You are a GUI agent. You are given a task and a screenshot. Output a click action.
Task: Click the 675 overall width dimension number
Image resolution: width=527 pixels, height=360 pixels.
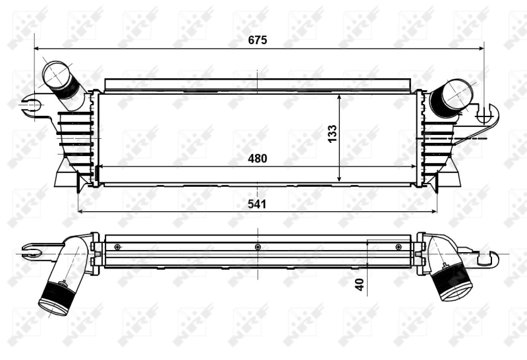tap(257, 40)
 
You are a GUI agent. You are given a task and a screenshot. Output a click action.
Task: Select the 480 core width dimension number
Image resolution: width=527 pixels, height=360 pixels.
tap(257, 159)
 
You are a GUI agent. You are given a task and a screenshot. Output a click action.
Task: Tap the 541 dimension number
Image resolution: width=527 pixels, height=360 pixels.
tap(257, 204)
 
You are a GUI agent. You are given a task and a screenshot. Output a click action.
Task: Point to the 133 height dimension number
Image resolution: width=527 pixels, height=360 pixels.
tap(333, 134)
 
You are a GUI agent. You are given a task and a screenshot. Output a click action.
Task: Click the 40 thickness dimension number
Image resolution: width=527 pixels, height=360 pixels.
tap(359, 284)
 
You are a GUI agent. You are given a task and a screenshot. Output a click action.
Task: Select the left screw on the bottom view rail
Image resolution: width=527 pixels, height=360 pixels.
tap(117, 247)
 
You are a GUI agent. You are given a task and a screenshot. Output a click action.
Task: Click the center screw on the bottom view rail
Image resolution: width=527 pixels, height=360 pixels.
tap(258, 247)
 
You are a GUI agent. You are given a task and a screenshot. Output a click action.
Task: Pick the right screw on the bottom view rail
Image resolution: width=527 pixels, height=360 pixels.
tap(399, 247)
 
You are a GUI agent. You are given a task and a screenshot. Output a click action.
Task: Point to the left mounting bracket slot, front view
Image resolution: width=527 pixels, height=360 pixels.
tap(30, 104)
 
